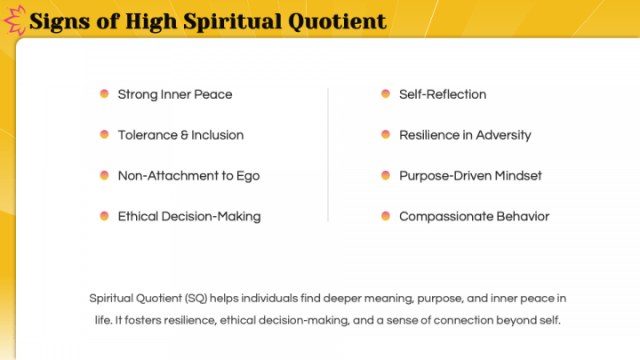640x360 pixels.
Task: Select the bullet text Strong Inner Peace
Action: tap(174, 94)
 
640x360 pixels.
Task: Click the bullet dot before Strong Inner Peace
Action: tap(104, 93)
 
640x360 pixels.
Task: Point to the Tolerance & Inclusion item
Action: tap(180, 135)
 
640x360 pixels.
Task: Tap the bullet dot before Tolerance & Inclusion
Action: tap(104, 134)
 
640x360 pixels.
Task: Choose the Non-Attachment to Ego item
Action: tap(188, 176)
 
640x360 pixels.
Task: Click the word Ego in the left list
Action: tap(248, 176)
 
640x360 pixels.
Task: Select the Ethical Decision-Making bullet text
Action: tap(189, 216)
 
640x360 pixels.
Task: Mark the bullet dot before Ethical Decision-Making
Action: tap(104, 215)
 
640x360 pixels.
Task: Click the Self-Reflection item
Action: tap(443, 94)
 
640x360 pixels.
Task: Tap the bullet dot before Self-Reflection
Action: tap(386, 93)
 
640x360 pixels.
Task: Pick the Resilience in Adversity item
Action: tap(465, 135)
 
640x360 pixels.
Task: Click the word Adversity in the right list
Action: tap(502, 135)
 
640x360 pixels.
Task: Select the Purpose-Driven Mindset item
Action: tap(470, 176)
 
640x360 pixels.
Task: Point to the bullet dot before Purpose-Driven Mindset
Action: tap(386, 175)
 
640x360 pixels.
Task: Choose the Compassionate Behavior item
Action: tap(474, 216)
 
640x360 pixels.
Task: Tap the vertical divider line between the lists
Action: tap(328, 155)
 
